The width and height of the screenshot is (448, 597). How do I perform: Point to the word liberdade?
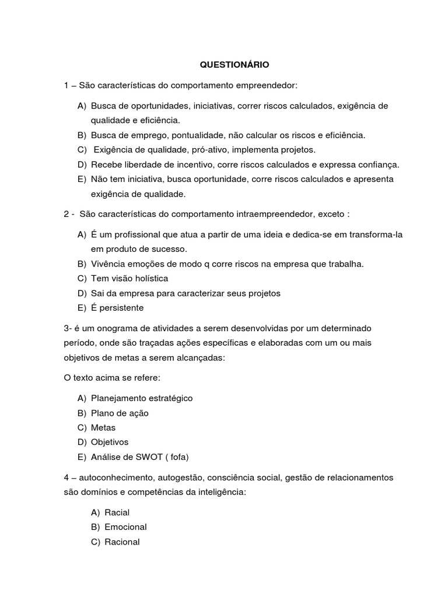pyautogui.click(x=148, y=164)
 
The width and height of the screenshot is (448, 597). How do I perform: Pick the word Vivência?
pyautogui.click(x=108, y=264)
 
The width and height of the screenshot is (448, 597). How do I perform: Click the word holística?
pyautogui.click(x=146, y=279)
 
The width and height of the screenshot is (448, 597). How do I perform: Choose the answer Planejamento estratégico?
pyautogui.click(x=142, y=398)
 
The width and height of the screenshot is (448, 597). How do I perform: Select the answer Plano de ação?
pyautogui.click(x=120, y=413)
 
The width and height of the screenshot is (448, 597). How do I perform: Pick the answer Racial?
pyautogui.click(x=117, y=512)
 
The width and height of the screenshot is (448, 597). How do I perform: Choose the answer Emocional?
pyautogui.click(x=125, y=527)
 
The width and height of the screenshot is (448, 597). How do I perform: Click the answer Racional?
pyautogui.click(x=123, y=542)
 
